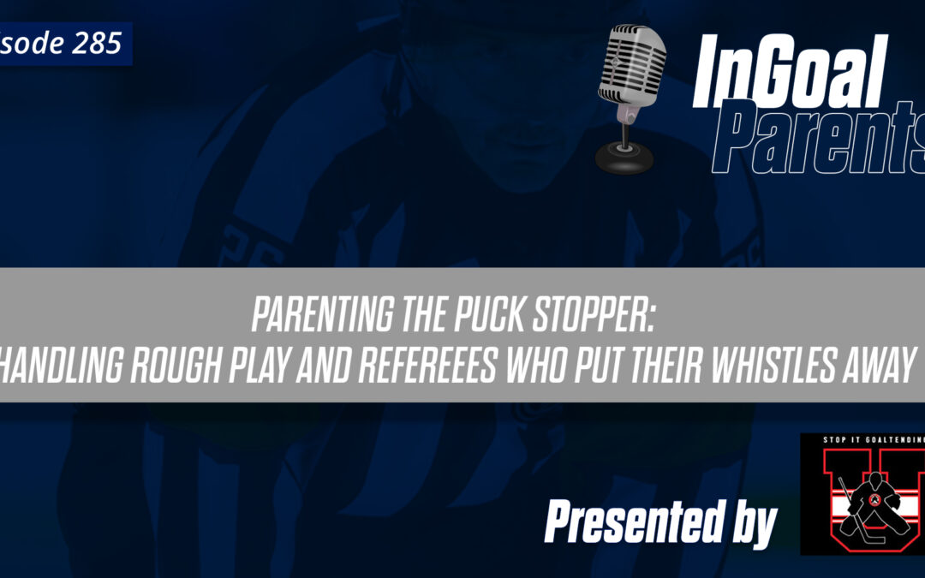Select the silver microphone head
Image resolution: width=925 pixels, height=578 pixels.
pyautogui.click(x=635, y=65)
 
